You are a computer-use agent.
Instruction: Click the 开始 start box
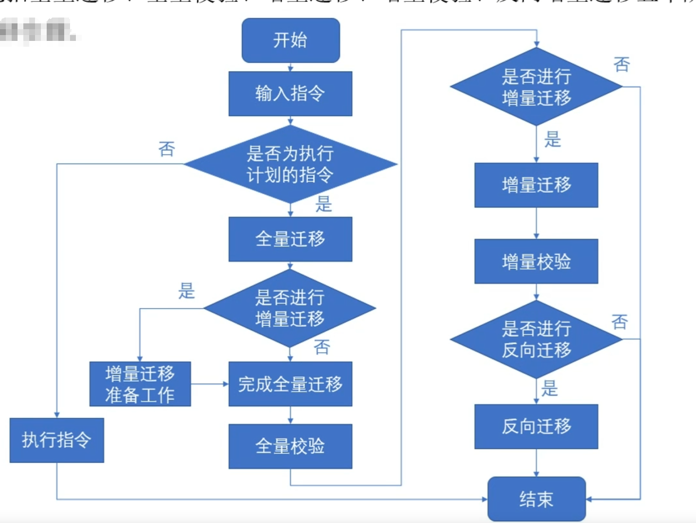click(x=290, y=40)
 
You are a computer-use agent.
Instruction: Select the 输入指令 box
click(x=290, y=93)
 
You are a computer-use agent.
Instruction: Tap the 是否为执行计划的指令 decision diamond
click(x=290, y=164)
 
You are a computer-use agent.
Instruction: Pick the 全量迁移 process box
click(x=290, y=239)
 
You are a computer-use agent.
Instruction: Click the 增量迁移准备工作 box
click(x=140, y=384)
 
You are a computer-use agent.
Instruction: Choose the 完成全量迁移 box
click(x=290, y=384)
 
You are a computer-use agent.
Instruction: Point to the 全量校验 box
click(x=290, y=446)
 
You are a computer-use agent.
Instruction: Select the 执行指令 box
click(x=56, y=440)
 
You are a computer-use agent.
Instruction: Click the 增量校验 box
click(x=536, y=261)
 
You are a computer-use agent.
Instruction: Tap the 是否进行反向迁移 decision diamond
click(x=536, y=339)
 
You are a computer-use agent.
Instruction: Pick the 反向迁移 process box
click(x=536, y=426)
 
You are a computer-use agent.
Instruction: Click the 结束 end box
click(x=536, y=499)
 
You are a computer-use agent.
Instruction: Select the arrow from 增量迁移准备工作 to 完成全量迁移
click(x=210, y=384)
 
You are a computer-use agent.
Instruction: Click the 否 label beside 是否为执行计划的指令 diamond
click(x=167, y=149)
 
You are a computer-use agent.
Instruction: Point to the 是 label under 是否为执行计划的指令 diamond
click(x=324, y=204)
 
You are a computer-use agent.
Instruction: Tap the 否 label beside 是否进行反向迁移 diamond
click(x=620, y=322)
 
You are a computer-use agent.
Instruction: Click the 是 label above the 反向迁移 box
click(x=550, y=389)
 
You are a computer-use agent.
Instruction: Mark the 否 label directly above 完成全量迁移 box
click(x=322, y=347)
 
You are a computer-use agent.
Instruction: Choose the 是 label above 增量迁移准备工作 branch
click(x=186, y=291)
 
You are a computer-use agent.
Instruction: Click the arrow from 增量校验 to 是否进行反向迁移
click(x=536, y=292)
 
